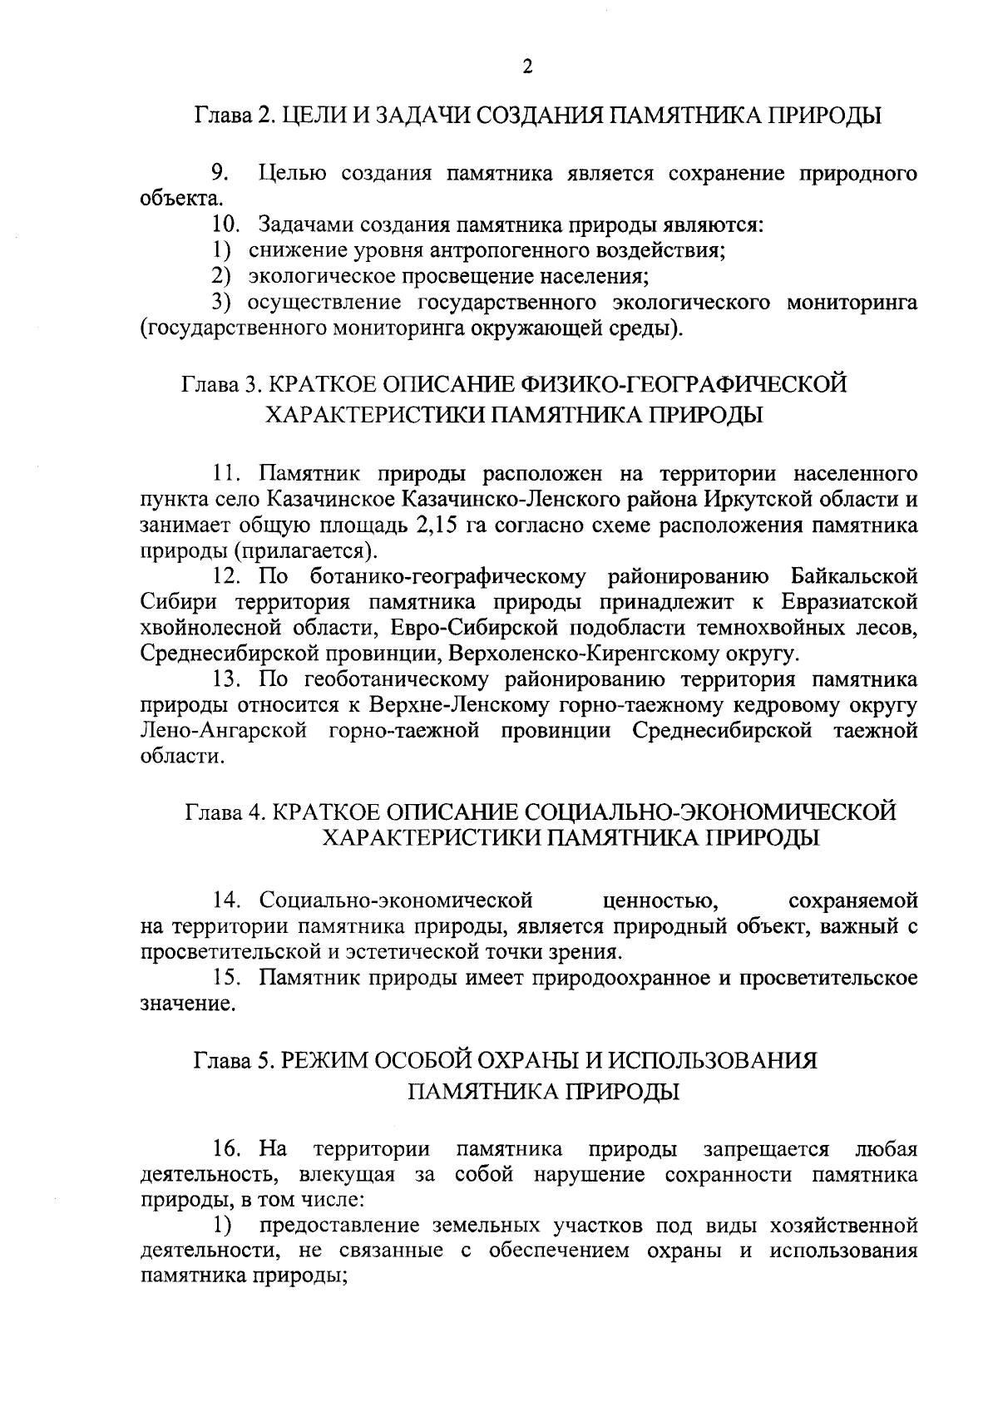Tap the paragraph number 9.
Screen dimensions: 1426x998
point(220,174)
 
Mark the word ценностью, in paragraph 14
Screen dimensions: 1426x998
point(661,901)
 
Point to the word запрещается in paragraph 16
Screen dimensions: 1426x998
point(766,1150)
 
